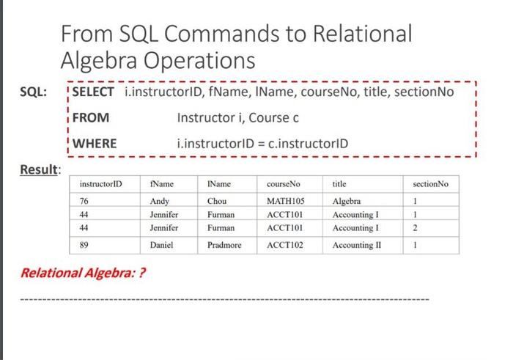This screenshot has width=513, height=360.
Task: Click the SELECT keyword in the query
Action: tap(93, 92)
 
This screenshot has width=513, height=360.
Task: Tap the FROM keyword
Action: tap(90, 117)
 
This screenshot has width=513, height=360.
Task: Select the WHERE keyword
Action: tap(95, 143)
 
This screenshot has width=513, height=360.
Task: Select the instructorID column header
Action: tap(100, 184)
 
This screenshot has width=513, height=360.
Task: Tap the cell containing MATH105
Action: tap(285, 201)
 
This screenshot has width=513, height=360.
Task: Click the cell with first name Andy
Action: tap(159, 201)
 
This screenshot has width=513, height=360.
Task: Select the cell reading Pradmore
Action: tap(224, 246)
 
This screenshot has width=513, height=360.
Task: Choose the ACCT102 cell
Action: tap(284, 246)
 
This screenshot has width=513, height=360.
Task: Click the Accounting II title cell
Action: tap(357, 246)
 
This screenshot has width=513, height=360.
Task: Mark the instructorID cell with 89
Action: tap(85, 246)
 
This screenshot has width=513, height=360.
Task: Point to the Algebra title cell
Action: tap(347, 201)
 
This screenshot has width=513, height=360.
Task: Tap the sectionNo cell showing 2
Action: tap(415, 228)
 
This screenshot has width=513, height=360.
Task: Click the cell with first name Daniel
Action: tap(161, 246)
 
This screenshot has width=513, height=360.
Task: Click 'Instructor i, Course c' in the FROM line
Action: tap(238, 117)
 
